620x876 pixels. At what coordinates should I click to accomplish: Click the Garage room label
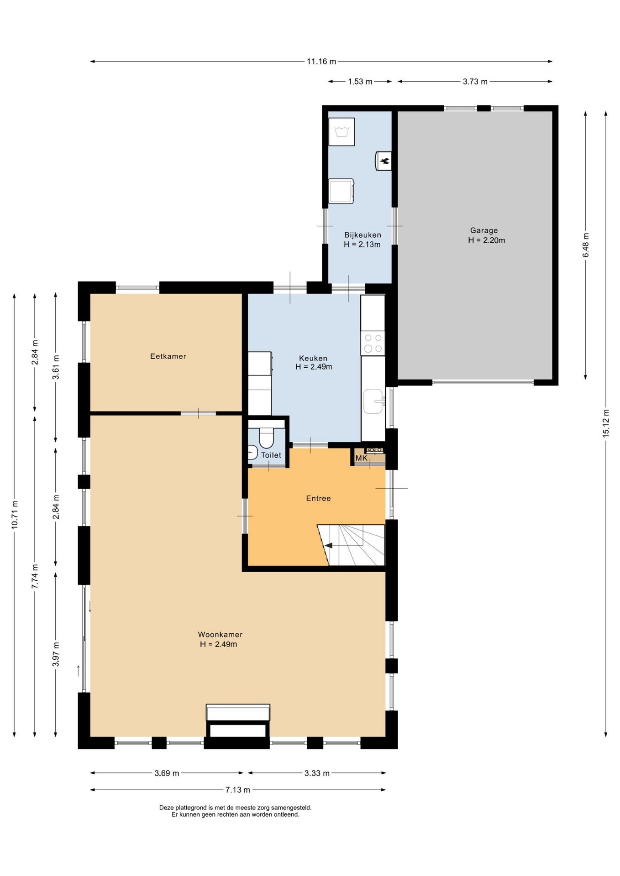point(484,230)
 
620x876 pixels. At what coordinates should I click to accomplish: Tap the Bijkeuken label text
point(363,235)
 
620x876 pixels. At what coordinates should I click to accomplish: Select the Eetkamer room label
point(168,356)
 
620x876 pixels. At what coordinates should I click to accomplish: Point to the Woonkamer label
point(220,634)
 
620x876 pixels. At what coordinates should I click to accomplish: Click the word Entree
point(318,498)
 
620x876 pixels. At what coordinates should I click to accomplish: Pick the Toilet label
point(271,455)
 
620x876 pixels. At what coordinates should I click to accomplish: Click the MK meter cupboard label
point(361,458)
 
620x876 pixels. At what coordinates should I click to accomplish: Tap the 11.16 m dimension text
point(321,61)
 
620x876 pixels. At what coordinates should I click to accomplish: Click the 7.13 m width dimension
point(238,790)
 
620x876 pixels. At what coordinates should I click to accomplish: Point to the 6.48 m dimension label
point(586,245)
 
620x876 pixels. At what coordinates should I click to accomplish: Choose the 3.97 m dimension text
point(56,654)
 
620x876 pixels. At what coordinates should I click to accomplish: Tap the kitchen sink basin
point(373,401)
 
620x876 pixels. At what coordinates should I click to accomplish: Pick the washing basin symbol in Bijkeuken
point(342,132)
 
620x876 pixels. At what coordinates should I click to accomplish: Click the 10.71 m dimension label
point(14,515)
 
